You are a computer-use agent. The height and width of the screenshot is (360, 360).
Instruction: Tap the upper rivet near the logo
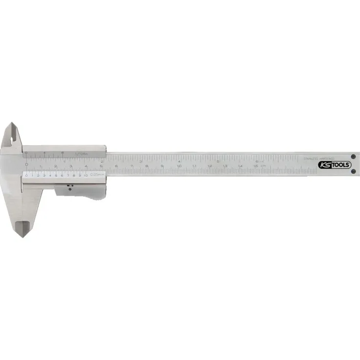(x=353, y=157)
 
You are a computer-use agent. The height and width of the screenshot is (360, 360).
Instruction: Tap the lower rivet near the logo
(x=353, y=172)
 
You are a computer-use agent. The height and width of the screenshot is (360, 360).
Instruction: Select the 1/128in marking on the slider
(x=81, y=153)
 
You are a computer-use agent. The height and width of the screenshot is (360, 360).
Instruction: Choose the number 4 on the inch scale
(x=180, y=161)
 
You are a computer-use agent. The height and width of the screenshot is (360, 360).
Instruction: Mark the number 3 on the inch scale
(x=141, y=161)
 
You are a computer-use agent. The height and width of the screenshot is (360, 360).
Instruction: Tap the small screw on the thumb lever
(x=69, y=185)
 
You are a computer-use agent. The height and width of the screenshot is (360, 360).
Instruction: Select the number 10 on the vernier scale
(x=86, y=175)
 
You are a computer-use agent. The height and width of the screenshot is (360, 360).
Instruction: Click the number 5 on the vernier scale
(x=56, y=175)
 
